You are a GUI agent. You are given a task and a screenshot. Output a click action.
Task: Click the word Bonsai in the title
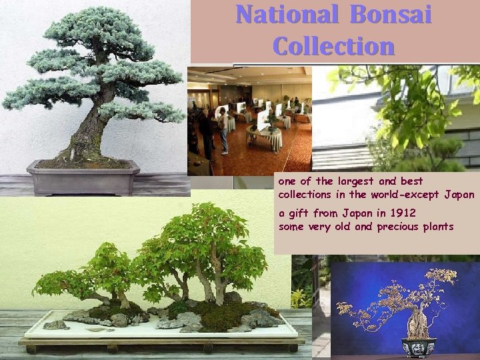(394, 15)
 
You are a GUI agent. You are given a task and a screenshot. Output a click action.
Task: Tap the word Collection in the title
(333, 46)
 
